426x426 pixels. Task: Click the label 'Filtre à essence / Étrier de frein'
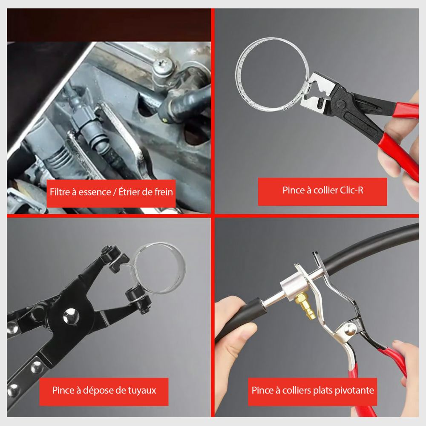111,192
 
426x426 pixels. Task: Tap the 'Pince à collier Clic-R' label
322,190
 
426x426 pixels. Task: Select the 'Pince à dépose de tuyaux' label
104,390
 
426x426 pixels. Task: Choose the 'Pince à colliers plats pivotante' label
313,391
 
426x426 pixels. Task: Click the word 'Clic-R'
351,190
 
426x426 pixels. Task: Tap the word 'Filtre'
60,192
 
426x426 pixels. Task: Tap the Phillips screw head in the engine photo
163,65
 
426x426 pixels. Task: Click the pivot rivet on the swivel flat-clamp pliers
350,329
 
